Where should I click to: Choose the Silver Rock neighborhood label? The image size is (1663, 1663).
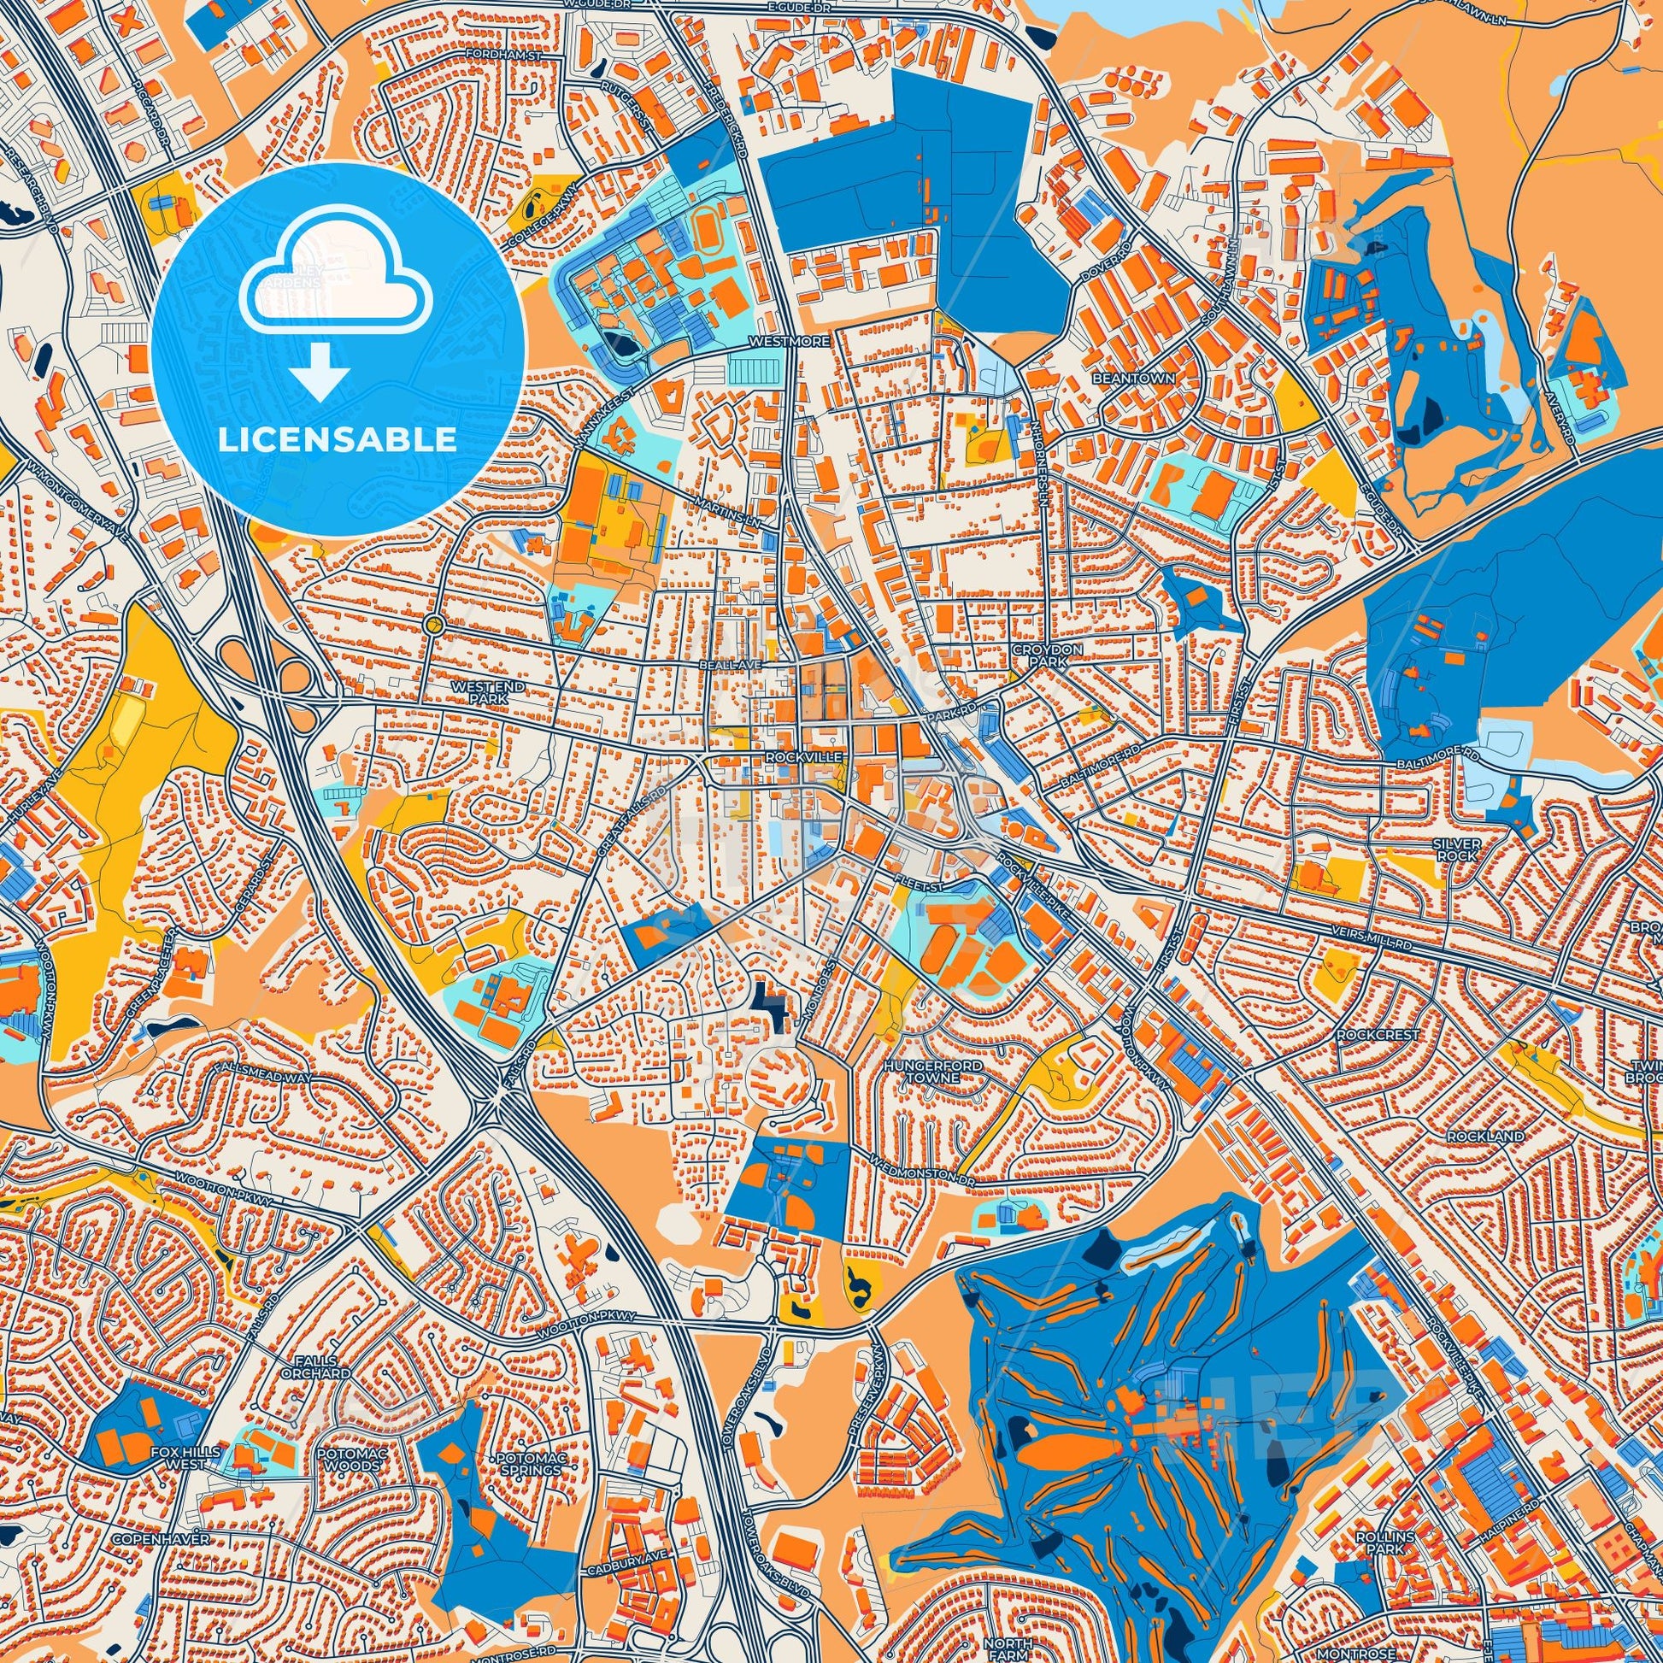[x=1456, y=849]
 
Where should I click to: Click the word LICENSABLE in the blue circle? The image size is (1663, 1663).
[x=338, y=441]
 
